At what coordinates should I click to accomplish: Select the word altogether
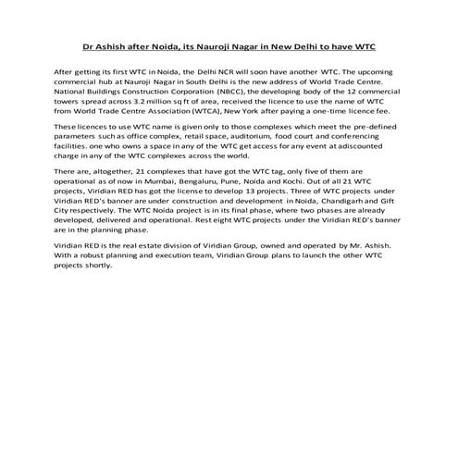(x=113, y=173)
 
